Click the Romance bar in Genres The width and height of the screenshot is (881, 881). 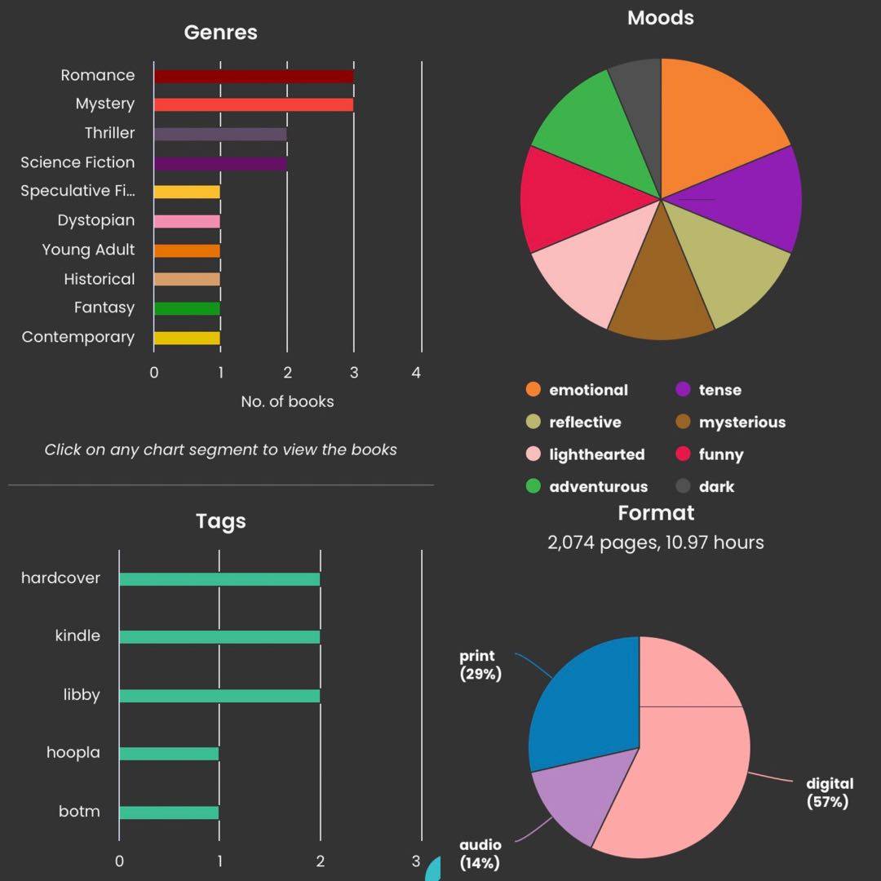tap(253, 76)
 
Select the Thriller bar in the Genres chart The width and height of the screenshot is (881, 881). tap(220, 134)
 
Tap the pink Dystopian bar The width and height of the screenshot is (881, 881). tap(187, 221)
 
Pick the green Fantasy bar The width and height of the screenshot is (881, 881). tap(187, 308)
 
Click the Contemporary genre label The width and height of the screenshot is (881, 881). tap(78, 337)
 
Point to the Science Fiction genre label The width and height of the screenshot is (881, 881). tap(77, 162)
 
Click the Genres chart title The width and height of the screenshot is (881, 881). tap(220, 33)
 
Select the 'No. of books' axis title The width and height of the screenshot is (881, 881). tap(287, 401)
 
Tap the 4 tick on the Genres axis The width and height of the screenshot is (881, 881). tap(416, 373)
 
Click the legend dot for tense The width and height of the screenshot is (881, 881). tap(684, 390)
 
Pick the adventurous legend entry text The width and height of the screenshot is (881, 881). tap(598, 487)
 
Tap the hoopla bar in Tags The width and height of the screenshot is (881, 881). tap(169, 754)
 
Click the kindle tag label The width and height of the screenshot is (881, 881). tap(77, 635)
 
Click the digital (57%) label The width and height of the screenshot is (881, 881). tap(829, 793)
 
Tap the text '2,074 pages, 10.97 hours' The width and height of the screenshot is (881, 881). tap(656, 542)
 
